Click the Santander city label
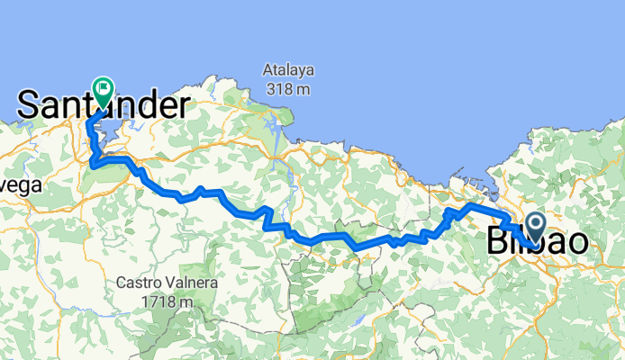pyautogui.click(x=101, y=105)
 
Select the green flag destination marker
pyautogui.click(x=103, y=89)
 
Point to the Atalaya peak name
pyautogui.click(x=288, y=68)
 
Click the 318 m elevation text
pyautogui.click(x=288, y=88)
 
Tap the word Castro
pyautogui.click(x=138, y=283)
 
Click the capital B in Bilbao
pyautogui.click(x=497, y=242)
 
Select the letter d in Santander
pyautogui.click(x=129, y=105)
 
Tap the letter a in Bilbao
pyautogui.click(x=558, y=242)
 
